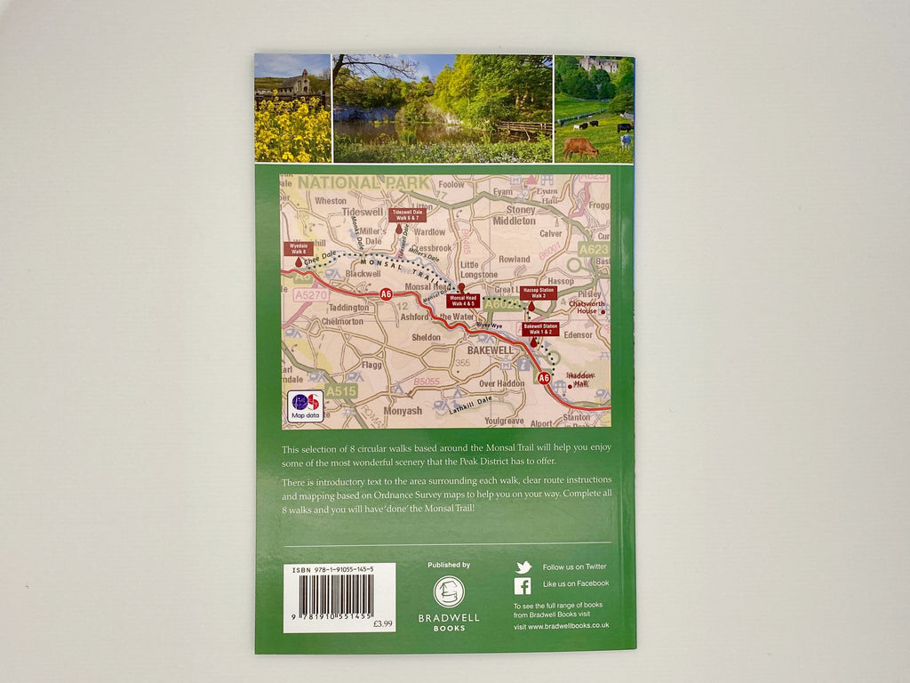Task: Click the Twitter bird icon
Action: click(523, 567)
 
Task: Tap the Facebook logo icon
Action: click(523, 585)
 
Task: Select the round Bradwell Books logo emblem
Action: click(449, 592)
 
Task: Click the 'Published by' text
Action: click(449, 565)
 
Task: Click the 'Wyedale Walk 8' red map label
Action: click(298, 248)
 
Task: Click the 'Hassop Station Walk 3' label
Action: click(539, 293)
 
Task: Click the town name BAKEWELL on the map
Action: click(481, 350)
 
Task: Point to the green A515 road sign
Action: click(340, 391)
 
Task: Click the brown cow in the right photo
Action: click(580, 147)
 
